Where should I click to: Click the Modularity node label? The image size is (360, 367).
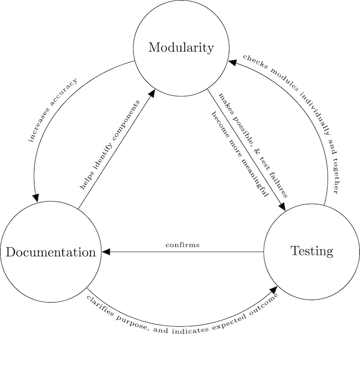pos(181,48)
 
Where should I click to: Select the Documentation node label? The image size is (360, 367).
pos(50,252)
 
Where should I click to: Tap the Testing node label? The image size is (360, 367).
pos(312,251)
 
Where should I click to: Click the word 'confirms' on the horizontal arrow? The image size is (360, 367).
pos(183,245)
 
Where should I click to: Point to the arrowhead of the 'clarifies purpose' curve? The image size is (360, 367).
pos(274,291)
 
